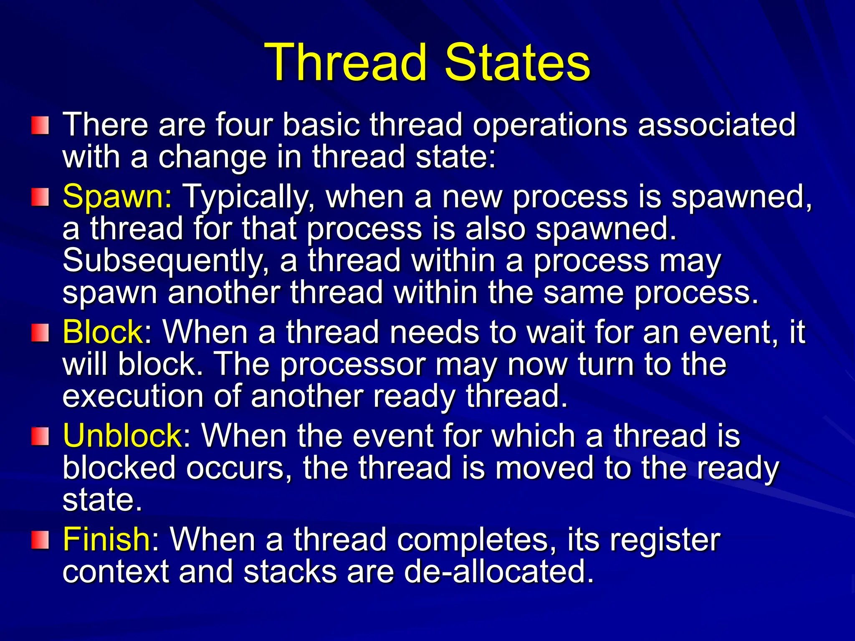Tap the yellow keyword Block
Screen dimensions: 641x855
[x=103, y=332]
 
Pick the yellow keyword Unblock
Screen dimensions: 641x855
[x=122, y=436]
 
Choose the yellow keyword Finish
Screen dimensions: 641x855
[x=106, y=539]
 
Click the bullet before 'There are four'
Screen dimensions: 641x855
[x=40, y=126]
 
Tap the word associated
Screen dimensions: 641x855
[x=717, y=125]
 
